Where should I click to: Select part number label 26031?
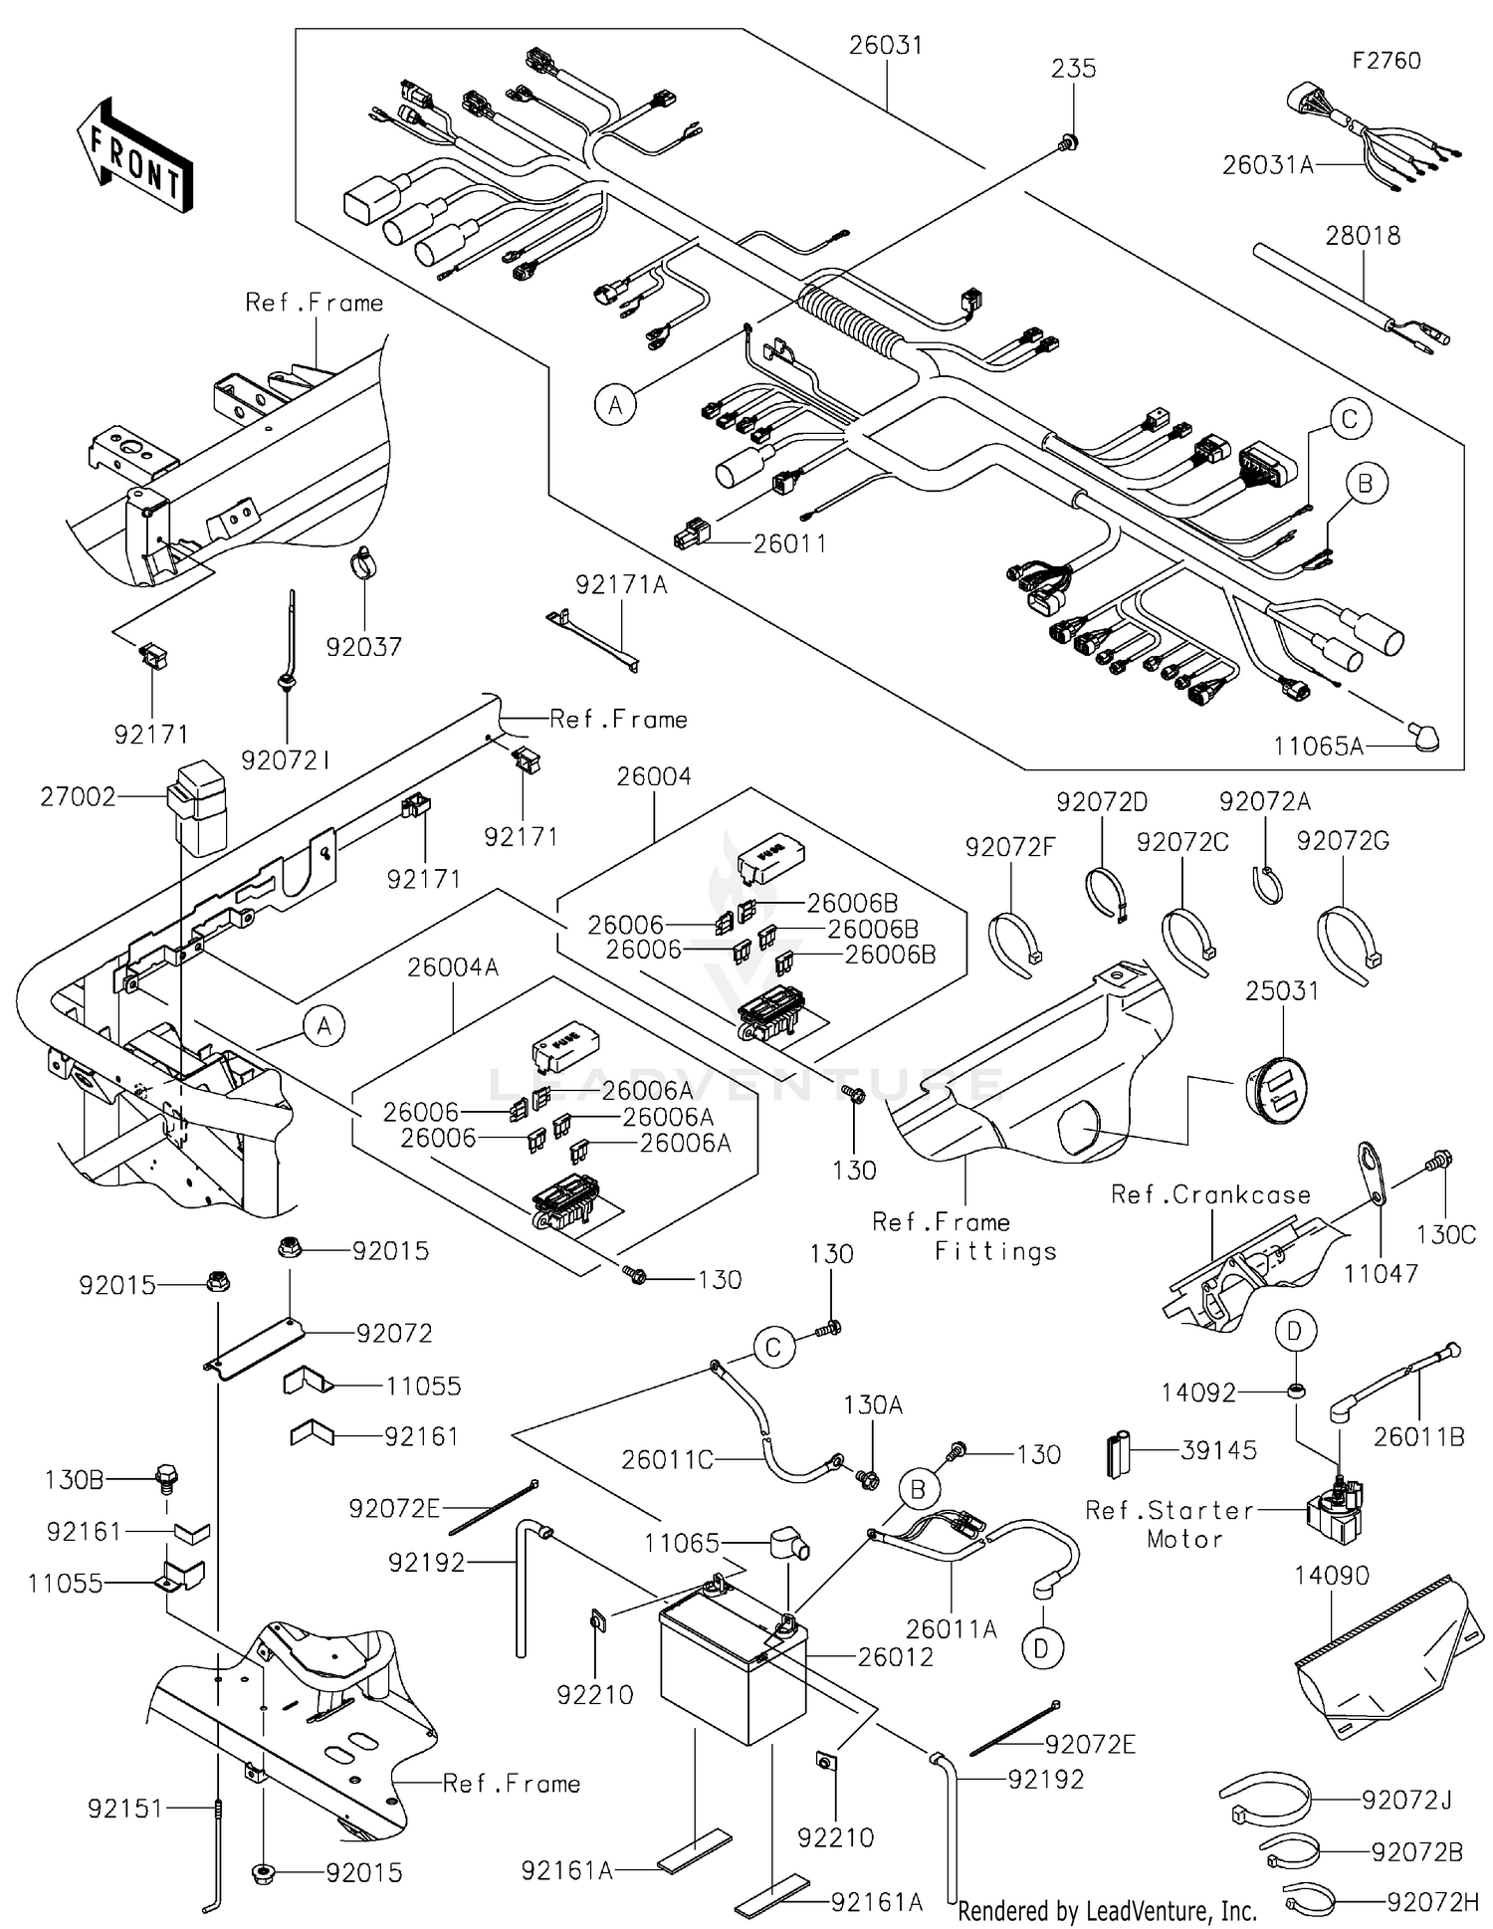pyautogui.click(x=885, y=46)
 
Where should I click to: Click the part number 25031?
pyautogui.click(x=1282, y=991)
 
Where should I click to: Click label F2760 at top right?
pyautogui.click(x=1386, y=61)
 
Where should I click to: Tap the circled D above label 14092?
pyautogui.click(x=1295, y=1331)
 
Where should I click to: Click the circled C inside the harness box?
pyautogui.click(x=1349, y=419)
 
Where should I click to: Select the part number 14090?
pyautogui.click(x=1332, y=1576)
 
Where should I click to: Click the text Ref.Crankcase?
pyautogui.click(x=1210, y=1194)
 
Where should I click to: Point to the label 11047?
pyautogui.click(x=1381, y=1273)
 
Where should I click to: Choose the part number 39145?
pyautogui.click(x=1219, y=1450)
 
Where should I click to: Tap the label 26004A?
pyautogui.click(x=453, y=966)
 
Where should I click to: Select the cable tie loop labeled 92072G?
pyautogui.click(x=1347, y=938)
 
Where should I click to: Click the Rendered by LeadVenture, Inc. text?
pyautogui.click(x=1107, y=1911)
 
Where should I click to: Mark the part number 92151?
pyautogui.click(x=124, y=1809)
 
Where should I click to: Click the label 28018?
pyautogui.click(x=1363, y=236)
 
